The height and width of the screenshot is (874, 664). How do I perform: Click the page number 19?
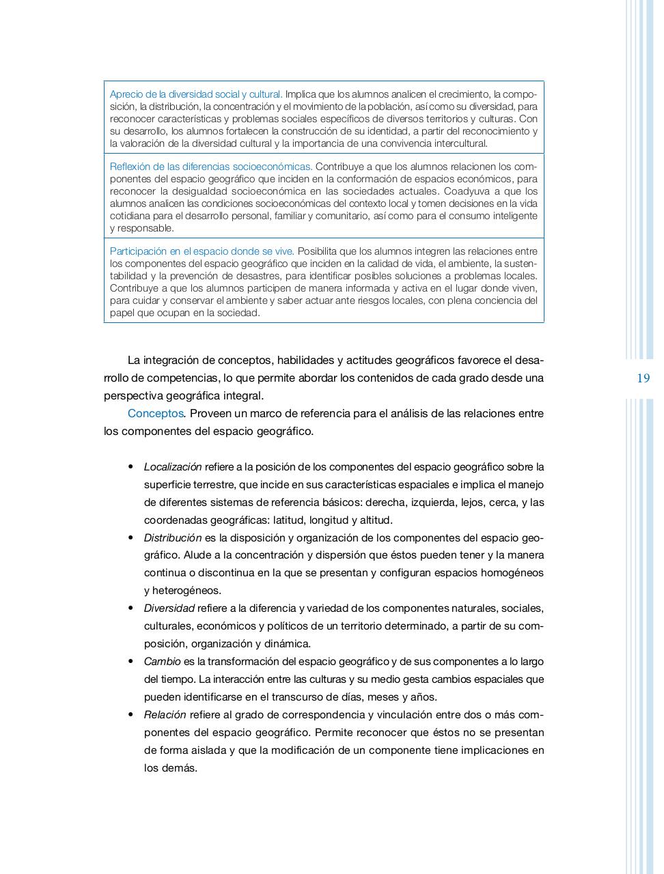[x=643, y=378]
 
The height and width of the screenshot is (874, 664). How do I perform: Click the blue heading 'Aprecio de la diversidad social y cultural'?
[x=195, y=94]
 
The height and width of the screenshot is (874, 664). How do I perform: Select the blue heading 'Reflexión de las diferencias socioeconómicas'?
[x=210, y=167]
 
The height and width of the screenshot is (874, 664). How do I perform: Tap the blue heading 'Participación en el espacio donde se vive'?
[x=202, y=251]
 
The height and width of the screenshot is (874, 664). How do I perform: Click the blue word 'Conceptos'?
[x=156, y=414]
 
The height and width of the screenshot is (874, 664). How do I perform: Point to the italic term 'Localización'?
[x=173, y=467]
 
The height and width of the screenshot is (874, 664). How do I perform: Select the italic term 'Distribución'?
[x=173, y=538]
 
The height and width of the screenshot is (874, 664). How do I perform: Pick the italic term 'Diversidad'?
[x=169, y=608]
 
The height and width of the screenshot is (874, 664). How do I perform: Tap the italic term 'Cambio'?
[x=163, y=662]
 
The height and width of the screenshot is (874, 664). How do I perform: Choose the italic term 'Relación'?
[x=165, y=715]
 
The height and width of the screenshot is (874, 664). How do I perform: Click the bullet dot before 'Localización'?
[x=130, y=467]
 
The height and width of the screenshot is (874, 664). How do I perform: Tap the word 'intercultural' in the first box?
[x=458, y=143]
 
